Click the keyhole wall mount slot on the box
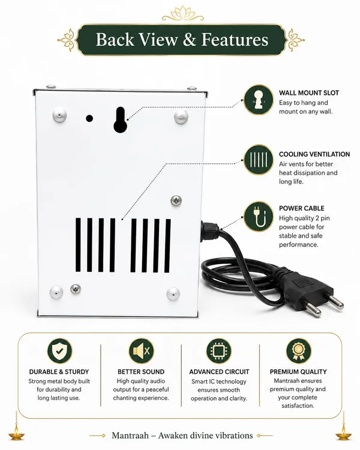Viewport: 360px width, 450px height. tap(120, 120)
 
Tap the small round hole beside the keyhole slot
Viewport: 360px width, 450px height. tap(89, 118)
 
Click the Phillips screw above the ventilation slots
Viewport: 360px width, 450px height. tap(176, 200)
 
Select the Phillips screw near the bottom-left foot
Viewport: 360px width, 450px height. tap(76, 289)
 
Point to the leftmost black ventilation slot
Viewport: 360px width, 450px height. tap(78, 245)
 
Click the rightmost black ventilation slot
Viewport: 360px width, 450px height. tap(167, 245)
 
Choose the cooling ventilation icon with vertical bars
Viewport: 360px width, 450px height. tap(259, 160)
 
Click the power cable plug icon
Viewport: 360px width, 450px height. tap(259, 216)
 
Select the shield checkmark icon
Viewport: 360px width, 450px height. tap(60, 351)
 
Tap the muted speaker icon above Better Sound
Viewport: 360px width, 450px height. tap(141, 351)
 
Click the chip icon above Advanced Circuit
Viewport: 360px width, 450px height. tap(219, 351)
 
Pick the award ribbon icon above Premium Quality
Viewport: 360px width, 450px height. tap(299, 351)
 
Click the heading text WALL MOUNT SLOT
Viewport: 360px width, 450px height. tap(309, 93)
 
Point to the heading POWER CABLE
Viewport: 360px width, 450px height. tap(301, 208)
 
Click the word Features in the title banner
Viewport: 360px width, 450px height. tap(235, 40)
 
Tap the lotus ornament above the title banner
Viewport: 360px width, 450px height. tap(183, 14)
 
